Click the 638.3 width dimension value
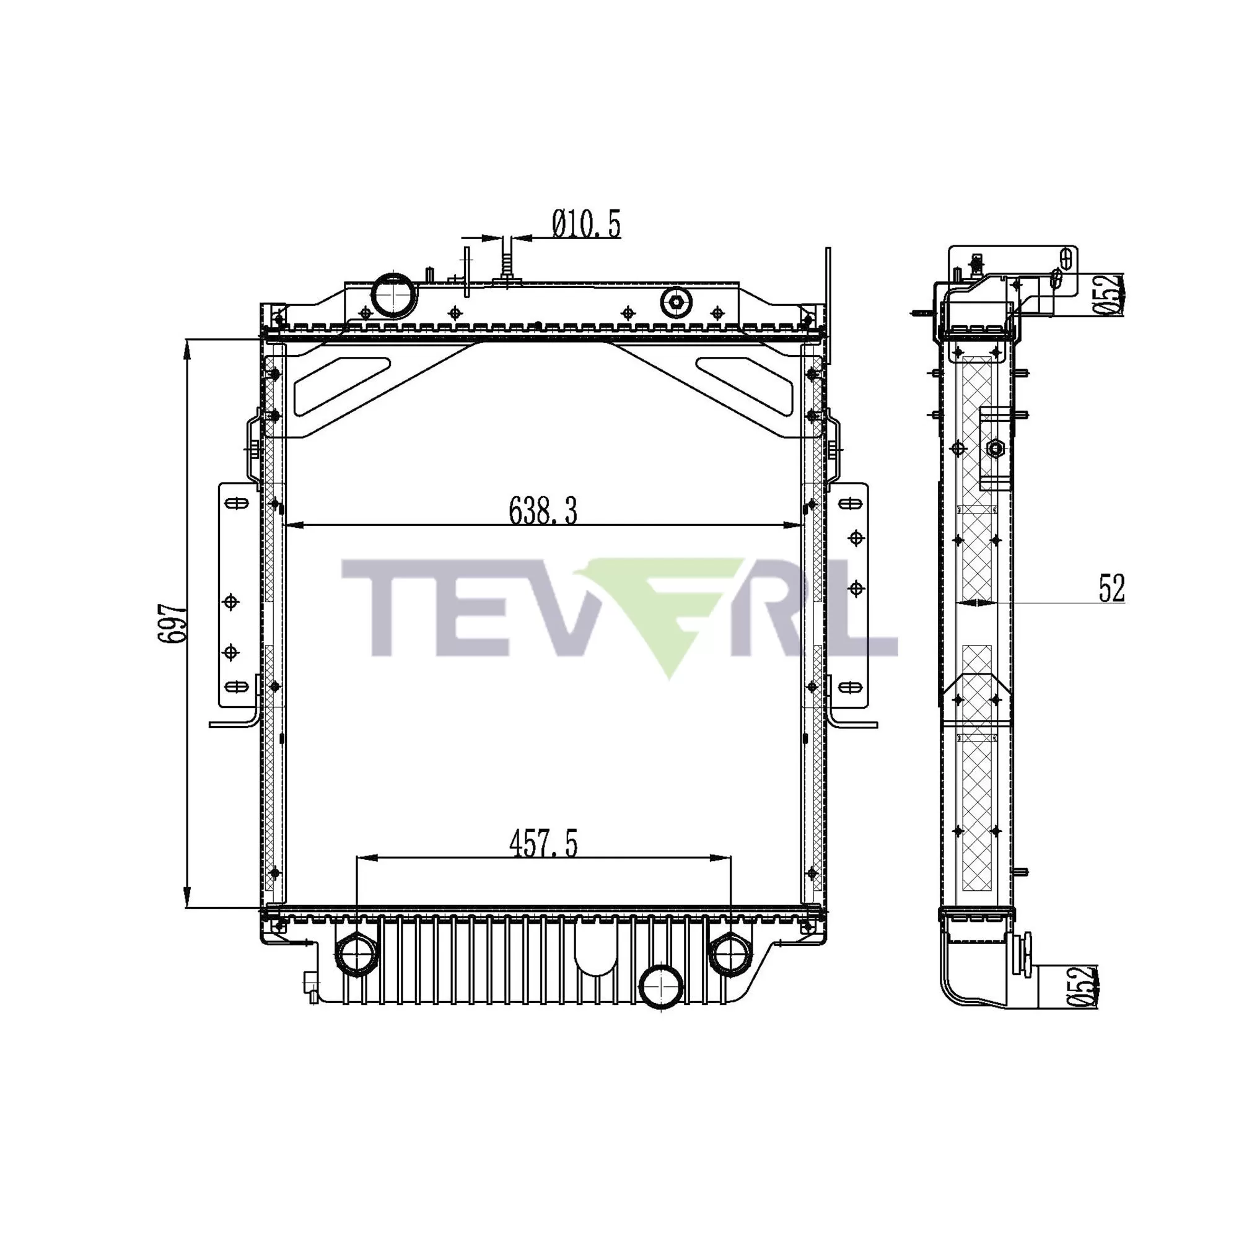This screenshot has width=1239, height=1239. (543, 511)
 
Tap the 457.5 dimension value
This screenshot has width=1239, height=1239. (543, 844)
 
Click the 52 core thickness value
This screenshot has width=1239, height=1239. (1111, 589)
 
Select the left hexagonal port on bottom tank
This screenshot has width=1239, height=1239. (356, 954)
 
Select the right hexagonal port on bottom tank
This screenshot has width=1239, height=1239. (729, 953)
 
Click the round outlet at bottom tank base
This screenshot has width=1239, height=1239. (661, 987)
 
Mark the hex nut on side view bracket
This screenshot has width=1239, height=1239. (995, 449)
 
